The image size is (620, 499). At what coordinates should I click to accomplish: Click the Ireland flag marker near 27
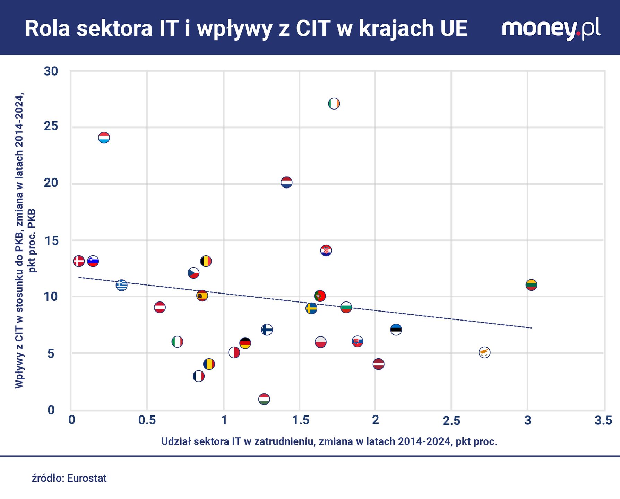tap(334, 104)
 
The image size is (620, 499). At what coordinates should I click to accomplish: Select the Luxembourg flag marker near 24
tap(104, 138)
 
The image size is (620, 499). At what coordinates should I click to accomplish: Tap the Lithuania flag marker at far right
tap(531, 285)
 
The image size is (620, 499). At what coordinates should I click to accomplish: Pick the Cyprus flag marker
tap(484, 352)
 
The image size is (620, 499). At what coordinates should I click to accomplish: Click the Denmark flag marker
tap(79, 261)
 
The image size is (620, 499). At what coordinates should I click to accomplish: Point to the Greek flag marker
tap(121, 285)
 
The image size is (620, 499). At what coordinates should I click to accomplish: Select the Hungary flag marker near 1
tap(264, 399)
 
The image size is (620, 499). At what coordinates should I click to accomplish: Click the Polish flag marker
tap(320, 342)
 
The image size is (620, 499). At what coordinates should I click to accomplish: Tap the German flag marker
tap(245, 343)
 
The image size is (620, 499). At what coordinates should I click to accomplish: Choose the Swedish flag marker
tap(311, 308)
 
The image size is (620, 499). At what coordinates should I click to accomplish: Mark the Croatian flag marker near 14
tap(326, 250)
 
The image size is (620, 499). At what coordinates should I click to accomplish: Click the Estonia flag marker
tap(396, 329)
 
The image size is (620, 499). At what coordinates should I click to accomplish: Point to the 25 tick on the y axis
tap(51, 126)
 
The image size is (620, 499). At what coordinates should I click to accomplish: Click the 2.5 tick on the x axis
tap(451, 420)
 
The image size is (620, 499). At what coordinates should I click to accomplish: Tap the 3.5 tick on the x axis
tap(603, 420)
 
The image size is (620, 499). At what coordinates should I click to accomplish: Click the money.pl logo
tap(551, 29)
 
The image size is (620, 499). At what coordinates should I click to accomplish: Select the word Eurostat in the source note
tap(87, 478)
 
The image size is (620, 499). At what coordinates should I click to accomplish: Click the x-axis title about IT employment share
tap(329, 441)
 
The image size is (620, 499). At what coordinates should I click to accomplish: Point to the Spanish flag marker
tap(202, 296)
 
